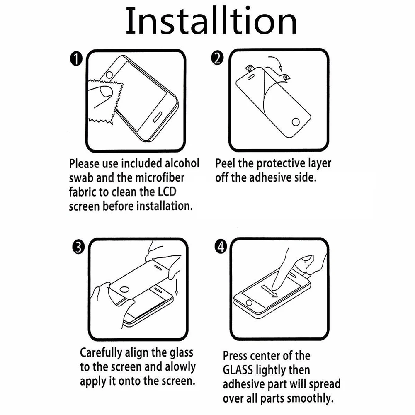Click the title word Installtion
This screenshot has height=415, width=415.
[211, 21]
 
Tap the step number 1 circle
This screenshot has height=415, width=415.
[76, 59]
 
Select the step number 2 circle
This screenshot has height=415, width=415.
[217, 58]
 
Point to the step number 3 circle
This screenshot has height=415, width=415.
[78, 248]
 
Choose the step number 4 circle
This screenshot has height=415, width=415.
[221, 247]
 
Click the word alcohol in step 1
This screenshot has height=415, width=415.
[182, 163]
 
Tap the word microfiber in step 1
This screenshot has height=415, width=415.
[160, 177]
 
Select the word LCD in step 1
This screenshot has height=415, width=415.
[167, 192]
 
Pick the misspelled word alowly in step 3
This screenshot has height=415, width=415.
[180, 367]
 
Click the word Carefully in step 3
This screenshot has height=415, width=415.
[101, 353]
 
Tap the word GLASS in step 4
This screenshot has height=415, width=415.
[238, 370]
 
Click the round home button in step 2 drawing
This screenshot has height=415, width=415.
[296, 122]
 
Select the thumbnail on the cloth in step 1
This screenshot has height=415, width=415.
[106, 91]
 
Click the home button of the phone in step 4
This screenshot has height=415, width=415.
[249, 303]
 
